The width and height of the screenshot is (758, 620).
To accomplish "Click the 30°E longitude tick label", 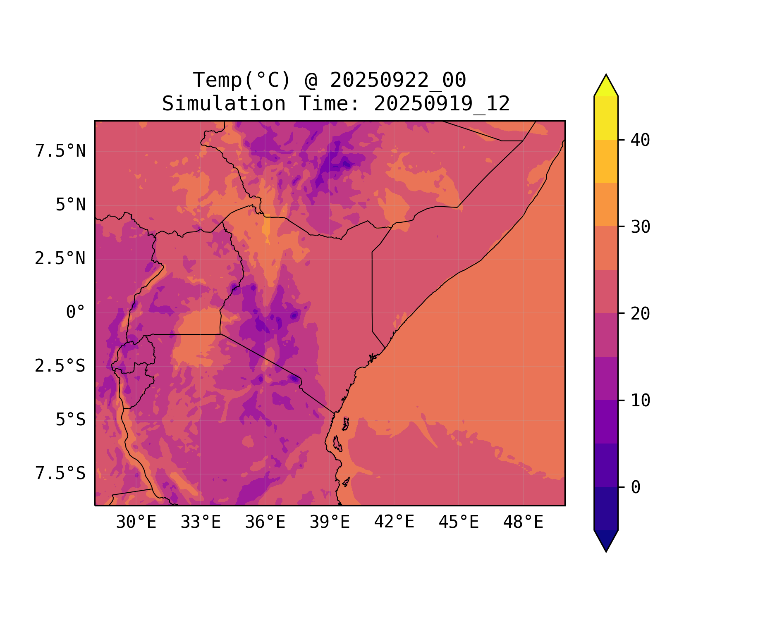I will click(136, 522).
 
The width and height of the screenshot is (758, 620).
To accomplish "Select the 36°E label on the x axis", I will click(265, 522).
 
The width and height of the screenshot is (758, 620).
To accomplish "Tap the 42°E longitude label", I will click(394, 522).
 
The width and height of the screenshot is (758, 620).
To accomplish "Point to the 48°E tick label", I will click(523, 522).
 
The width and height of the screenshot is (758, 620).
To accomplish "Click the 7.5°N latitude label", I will click(60, 151).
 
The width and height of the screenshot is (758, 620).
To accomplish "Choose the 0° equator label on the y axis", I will click(75, 312).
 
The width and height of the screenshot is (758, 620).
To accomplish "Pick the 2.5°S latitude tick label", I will click(60, 366).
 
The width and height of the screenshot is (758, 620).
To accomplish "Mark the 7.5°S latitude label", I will click(60, 473).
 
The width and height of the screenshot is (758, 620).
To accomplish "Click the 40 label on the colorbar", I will click(640, 140).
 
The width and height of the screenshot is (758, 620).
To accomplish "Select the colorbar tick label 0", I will click(636, 487).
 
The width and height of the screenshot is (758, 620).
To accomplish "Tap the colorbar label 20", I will click(640, 314).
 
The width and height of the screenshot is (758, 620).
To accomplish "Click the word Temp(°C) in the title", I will click(242, 80).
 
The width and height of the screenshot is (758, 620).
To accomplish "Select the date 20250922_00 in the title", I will click(398, 80).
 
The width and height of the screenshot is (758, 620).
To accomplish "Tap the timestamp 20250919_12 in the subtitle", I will click(442, 104).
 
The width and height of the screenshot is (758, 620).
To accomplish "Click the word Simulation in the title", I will click(224, 104).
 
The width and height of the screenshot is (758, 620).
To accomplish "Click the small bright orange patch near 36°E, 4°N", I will click(266, 227).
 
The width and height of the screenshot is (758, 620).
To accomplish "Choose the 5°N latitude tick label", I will click(70, 205).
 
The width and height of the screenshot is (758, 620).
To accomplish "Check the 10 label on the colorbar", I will click(640, 401).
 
